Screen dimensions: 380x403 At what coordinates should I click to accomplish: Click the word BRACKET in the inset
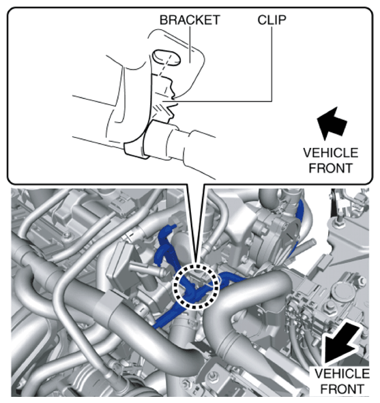click(x=190, y=20)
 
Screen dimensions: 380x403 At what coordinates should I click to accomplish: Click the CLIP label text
click(x=272, y=20)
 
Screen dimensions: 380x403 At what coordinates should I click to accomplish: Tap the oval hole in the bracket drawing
click(x=166, y=57)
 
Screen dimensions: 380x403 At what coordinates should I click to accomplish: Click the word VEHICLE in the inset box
click(x=330, y=153)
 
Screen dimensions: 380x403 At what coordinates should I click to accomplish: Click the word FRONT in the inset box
click(x=331, y=168)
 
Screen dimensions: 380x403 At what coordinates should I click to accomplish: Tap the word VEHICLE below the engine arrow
click(x=342, y=374)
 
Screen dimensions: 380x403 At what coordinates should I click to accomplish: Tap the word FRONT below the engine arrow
click(x=342, y=389)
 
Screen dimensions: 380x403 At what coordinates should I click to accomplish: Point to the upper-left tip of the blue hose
click(x=175, y=226)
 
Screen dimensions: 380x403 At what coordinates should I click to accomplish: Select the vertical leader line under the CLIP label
click(x=272, y=63)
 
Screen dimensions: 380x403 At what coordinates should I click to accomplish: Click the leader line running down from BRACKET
click(x=190, y=44)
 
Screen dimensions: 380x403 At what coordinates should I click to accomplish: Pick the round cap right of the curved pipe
click(x=340, y=293)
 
